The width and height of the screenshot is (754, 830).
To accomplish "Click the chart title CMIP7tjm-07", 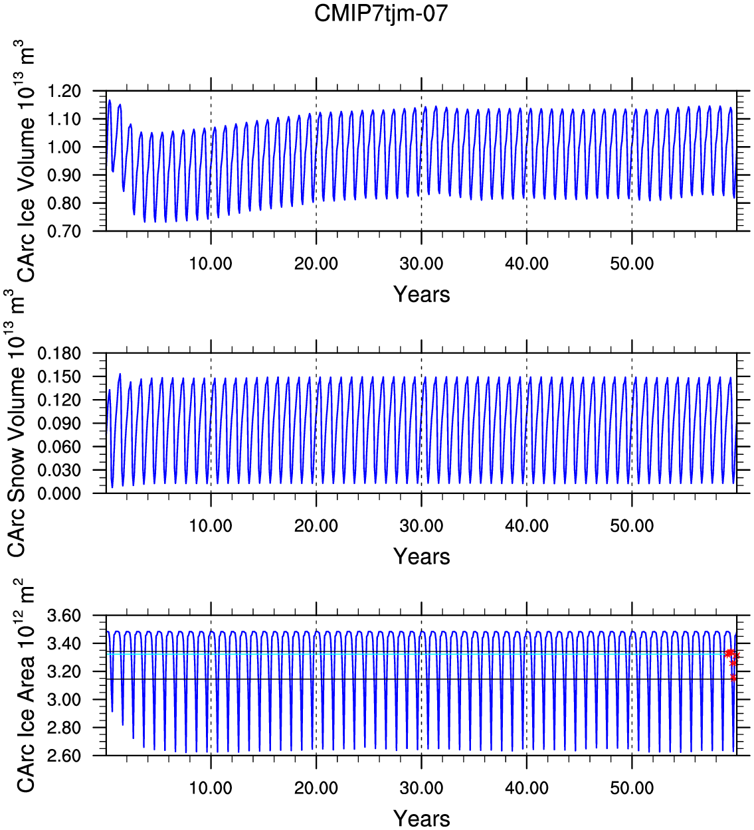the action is (381, 13).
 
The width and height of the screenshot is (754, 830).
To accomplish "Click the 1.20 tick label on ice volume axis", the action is (64, 91).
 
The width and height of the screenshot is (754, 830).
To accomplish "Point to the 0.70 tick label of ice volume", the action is (64, 231).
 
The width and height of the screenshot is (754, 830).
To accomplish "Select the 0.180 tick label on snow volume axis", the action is (60, 353).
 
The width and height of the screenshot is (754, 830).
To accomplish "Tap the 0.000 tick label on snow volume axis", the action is (60, 493).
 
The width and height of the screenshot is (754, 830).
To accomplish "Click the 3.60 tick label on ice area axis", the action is (64, 616).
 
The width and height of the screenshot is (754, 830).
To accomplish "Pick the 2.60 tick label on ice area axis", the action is (64, 756).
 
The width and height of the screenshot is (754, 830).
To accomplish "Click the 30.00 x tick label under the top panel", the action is (422, 264).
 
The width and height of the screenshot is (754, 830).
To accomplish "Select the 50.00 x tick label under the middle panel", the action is (632, 525).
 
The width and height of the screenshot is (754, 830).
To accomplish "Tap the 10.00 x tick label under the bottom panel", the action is (211, 788).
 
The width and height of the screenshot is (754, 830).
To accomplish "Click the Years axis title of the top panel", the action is (422, 295).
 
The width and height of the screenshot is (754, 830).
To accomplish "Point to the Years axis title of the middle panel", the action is (422, 556).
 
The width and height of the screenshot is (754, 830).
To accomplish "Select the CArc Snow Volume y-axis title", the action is (17, 423).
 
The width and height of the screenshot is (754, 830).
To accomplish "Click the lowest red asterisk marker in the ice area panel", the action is (733, 678).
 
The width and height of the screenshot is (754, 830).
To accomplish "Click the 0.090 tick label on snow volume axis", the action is (60, 423).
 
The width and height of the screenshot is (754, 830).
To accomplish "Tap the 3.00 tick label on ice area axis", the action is (64, 700).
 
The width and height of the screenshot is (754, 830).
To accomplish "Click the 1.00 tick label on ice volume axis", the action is (64, 147).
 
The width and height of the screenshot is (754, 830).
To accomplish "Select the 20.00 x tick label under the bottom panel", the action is (316, 788).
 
